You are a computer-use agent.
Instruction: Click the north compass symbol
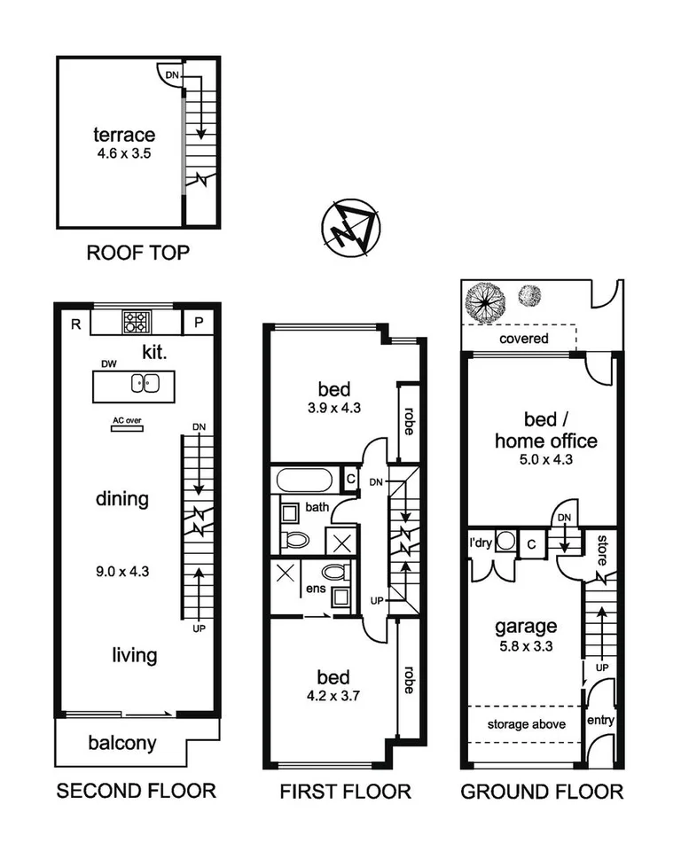(349, 230)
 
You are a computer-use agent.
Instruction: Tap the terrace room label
(124, 136)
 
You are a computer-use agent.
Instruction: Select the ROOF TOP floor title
(137, 253)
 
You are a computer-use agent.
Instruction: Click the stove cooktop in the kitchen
(137, 320)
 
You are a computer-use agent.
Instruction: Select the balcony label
(123, 743)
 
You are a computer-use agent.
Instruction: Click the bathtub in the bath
(304, 481)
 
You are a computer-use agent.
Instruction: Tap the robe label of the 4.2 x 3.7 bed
(408, 679)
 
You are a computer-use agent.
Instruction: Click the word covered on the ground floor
(523, 339)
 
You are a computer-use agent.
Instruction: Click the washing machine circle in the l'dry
(505, 543)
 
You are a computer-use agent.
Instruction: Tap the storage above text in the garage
(527, 724)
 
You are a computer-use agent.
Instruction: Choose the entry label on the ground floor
(600, 721)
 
